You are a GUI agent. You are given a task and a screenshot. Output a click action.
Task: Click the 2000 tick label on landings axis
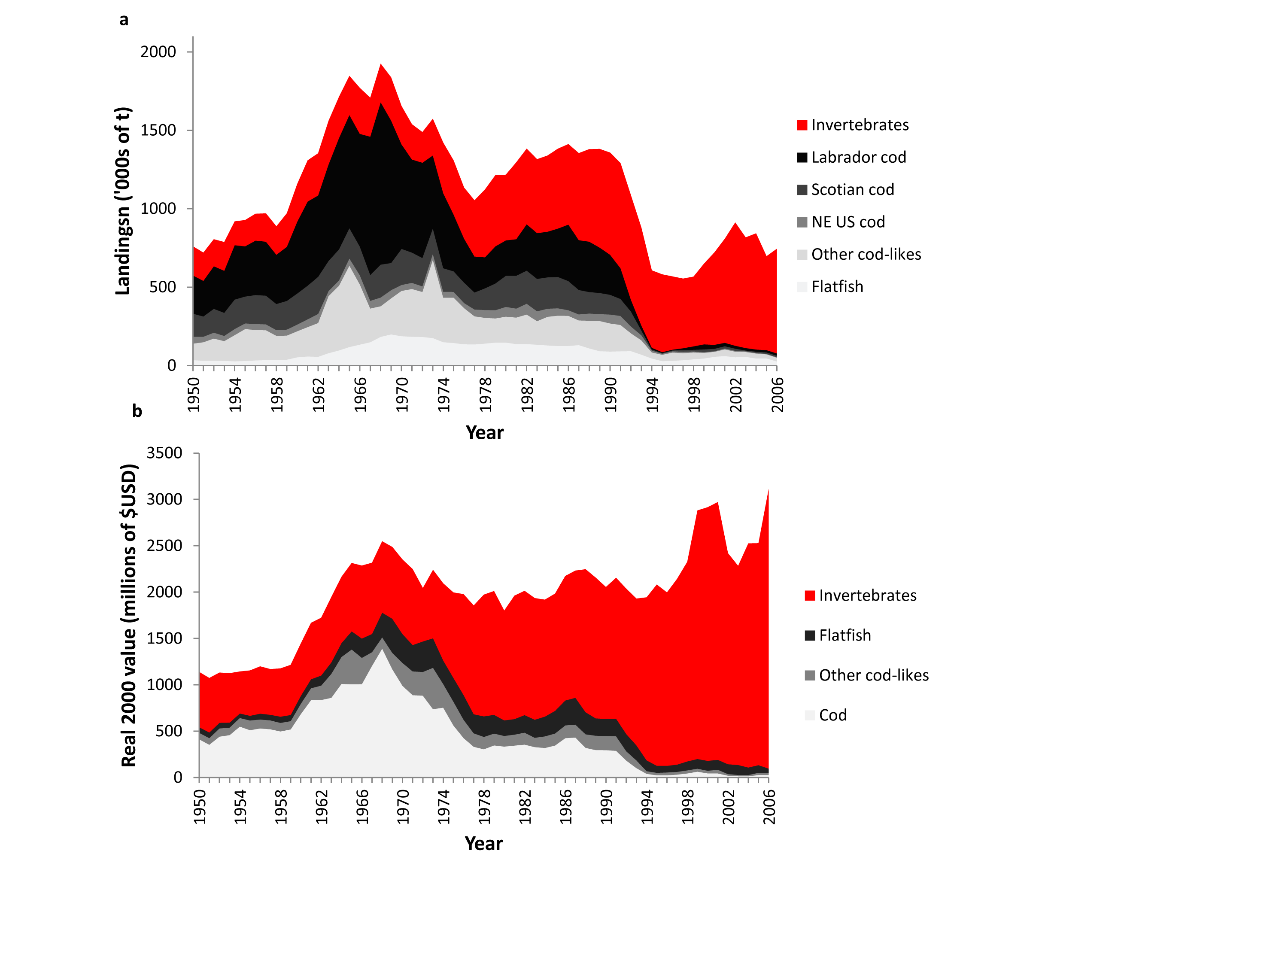tap(158, 52)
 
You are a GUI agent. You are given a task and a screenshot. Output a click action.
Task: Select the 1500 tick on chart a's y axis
tap(158, 131)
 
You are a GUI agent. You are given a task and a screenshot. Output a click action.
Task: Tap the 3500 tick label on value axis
tap(164, 453)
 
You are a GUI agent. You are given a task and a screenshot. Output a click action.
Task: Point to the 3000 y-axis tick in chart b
tap(164, 499)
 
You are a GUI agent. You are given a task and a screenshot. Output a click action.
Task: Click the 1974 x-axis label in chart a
tap(444, 395)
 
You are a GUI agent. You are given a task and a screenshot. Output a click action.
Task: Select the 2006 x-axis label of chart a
tap(778, 395)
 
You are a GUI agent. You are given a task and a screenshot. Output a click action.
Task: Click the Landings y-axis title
tap(123, 201)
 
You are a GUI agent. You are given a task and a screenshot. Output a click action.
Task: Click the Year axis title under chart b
tap(483, 844)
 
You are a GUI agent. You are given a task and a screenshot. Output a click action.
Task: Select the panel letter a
tap(124, 20)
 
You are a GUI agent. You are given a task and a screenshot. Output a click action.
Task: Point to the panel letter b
tap(137, 411)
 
